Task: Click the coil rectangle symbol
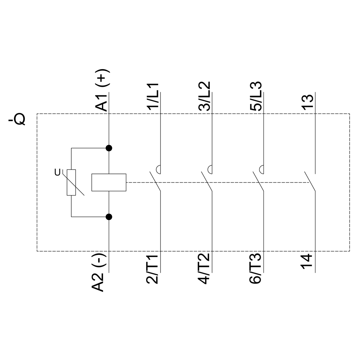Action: tap(109, 182)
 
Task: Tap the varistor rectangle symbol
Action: tap(71, 182)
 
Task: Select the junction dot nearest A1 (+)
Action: tap(109, 148)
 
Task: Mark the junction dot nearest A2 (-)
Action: tap(109, 216)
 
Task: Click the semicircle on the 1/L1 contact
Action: tap(158, 168)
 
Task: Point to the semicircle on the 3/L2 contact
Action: tap(210, 168)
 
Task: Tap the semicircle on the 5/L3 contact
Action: tap(262, 168)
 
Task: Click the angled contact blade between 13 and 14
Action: tap(310, 182)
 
